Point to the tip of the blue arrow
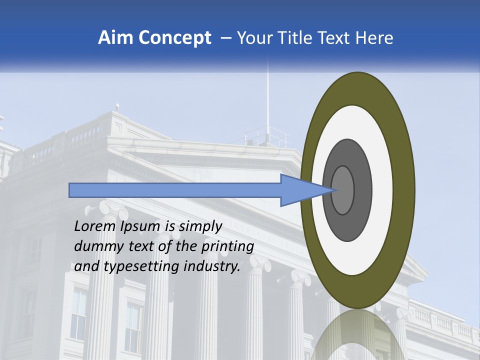coord(333,190)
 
